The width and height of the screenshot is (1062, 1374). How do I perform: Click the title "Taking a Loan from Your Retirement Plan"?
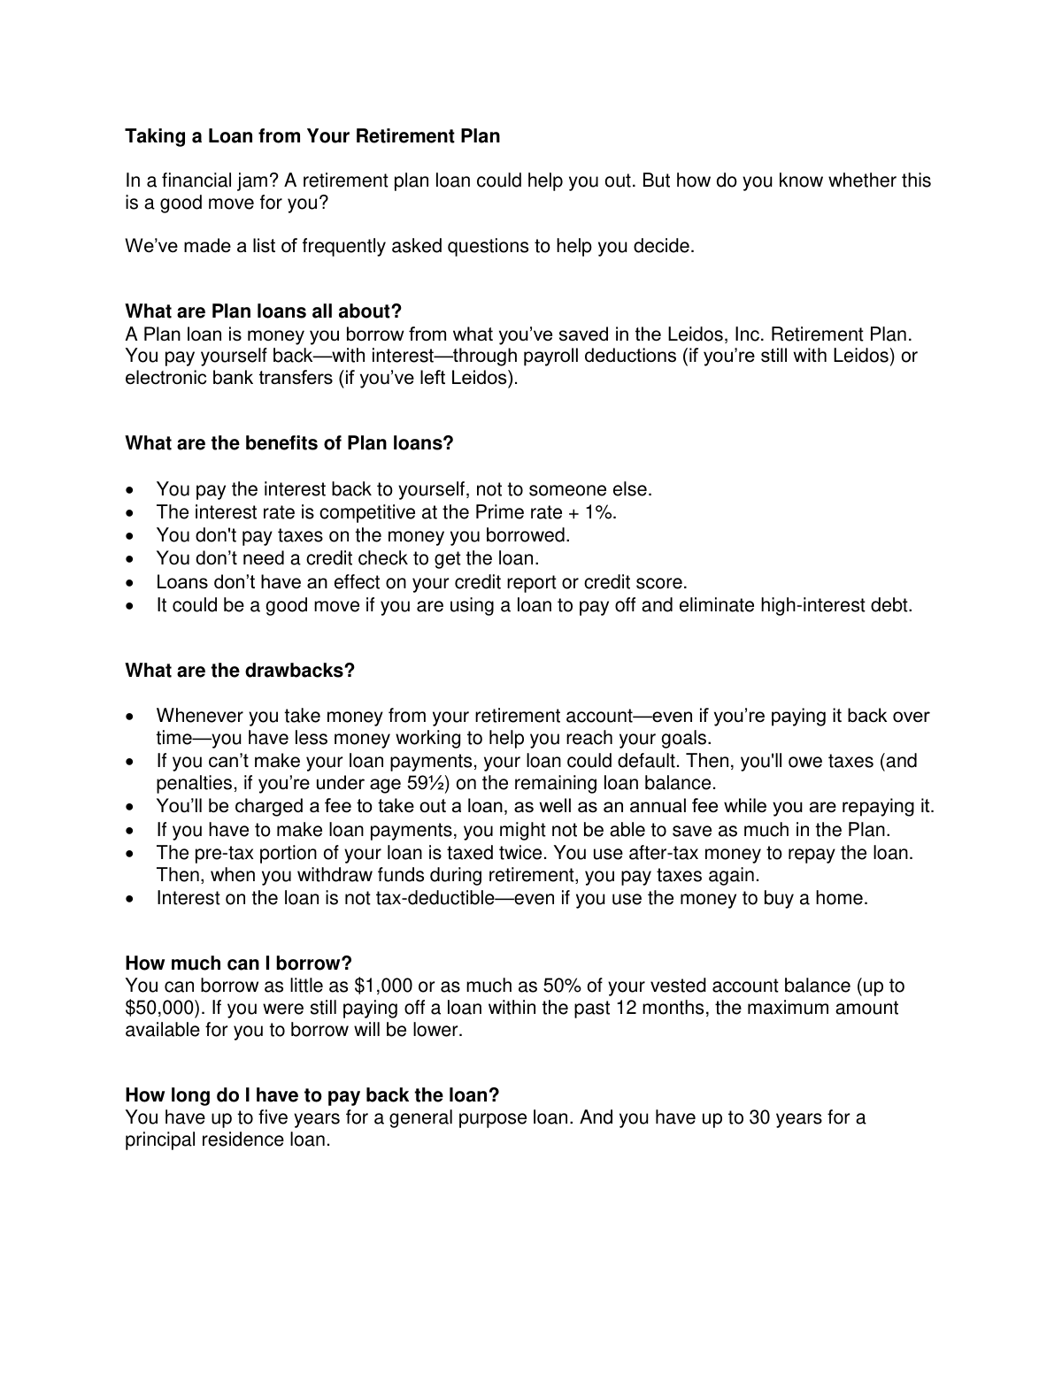pos(312,136)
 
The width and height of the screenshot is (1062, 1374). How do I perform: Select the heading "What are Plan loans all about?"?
pos(264,311)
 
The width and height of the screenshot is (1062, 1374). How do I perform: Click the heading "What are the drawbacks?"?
pos(240,671)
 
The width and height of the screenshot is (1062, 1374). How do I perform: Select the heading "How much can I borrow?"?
pos(239,963)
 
